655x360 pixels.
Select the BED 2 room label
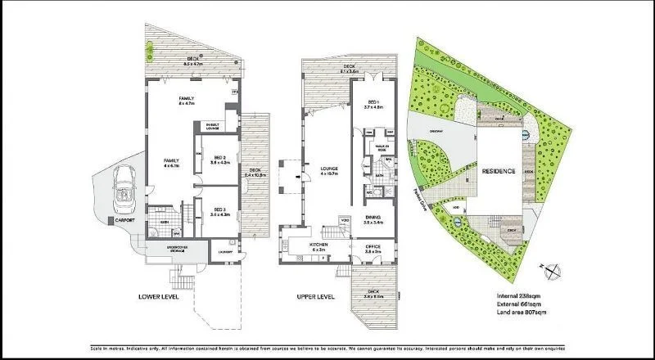219,160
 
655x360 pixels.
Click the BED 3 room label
219,212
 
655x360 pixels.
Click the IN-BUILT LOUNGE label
211,127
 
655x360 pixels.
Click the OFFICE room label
373,247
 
